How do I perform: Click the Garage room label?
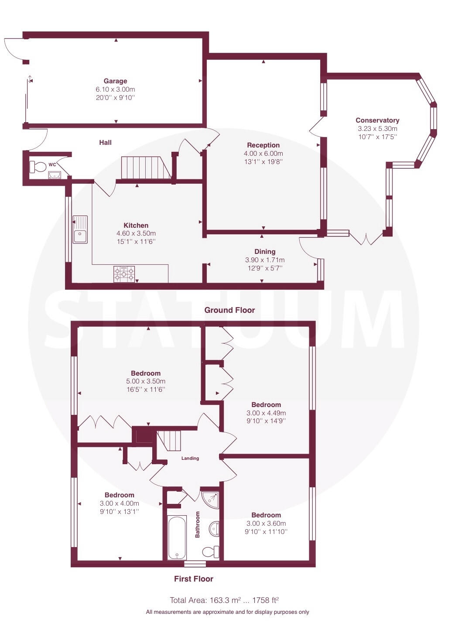coord(115,81)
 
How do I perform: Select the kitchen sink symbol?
coord(80,229)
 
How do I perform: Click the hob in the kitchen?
coord(124,274)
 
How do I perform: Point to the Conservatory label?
coord(377,120)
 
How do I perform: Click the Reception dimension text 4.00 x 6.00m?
coord(263,154)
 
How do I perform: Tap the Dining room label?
coord(265,251)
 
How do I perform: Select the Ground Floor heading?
coord(229,310)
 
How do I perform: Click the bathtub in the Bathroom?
coord(177,537)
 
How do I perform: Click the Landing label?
coord(190,458)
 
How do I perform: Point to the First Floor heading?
coord(194,579)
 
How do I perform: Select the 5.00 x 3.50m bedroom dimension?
coord(146,381)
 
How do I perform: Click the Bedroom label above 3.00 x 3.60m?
coord(266,515)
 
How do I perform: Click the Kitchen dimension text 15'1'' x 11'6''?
coord(136,241)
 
